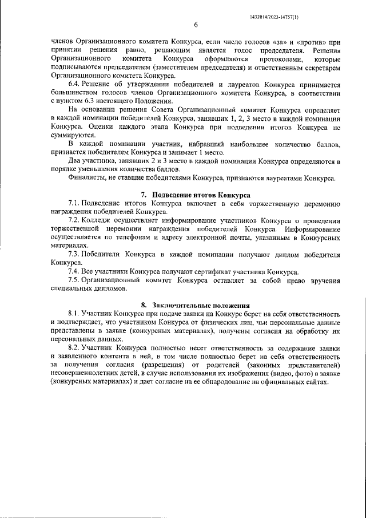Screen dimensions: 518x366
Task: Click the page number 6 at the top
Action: [196, 25]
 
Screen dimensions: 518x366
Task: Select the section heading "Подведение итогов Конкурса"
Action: [200, 195]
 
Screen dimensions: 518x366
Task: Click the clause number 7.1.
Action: [74, 203]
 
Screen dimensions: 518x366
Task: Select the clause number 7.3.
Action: [74, 254]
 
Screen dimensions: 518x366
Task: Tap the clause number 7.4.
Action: [74, 271]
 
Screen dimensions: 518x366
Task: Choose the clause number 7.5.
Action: [74, 280]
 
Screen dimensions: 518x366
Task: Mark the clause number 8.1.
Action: [74, 314]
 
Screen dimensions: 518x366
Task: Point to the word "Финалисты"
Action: [86, 178]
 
